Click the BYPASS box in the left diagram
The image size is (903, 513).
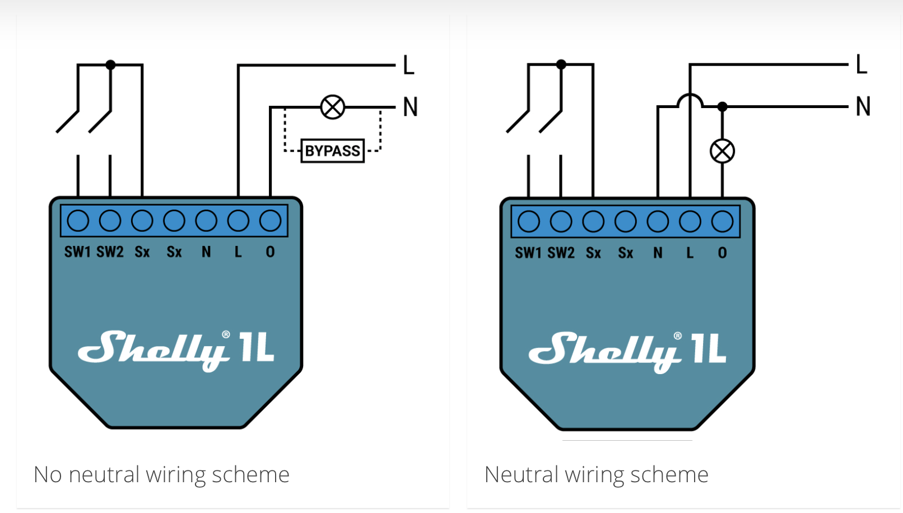332,151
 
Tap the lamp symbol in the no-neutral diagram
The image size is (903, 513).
333,107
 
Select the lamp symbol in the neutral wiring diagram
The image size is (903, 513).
722,151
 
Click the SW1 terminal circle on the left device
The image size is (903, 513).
78,221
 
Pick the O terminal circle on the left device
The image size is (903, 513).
271,221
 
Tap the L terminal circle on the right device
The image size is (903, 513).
690,222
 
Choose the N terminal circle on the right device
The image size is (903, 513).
658,222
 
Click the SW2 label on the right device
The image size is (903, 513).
561,253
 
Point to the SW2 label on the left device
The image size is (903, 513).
110,252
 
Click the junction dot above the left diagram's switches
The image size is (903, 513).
110,65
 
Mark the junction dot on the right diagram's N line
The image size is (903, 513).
723,106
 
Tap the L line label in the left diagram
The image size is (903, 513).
408,66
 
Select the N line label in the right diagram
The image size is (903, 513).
863,106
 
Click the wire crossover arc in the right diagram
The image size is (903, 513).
690,100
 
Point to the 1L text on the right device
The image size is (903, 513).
709,348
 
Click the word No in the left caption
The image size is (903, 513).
48,475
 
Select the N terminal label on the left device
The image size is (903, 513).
206,252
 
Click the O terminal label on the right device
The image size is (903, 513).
722,253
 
